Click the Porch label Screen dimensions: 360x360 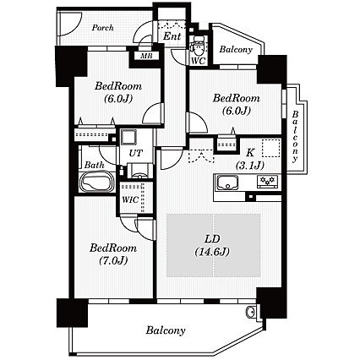tap(103, 28)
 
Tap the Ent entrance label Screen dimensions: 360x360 tap(172, 36)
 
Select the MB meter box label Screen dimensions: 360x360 tap(146, 56)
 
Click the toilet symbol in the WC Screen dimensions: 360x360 tap(198, 46)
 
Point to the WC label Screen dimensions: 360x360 tap(199, 61)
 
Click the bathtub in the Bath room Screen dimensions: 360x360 tap(97, 181)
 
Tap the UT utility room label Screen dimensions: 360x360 tap(135, 153)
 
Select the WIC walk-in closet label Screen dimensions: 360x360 tap(130, 199)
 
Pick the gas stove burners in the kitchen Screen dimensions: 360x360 tap(267, 180)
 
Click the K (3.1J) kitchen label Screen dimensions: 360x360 tap(250, 160)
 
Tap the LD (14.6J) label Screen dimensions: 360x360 tap(212, 245)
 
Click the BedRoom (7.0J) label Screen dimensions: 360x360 tap(113, 254)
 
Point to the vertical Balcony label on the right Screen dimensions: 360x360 tap(295, 137)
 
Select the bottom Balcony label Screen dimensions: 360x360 tap(166, 330)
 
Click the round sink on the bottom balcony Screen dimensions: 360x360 tap(250, 312)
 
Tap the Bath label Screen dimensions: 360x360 tap(95, 165)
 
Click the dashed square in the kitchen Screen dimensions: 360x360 tap(271, 149)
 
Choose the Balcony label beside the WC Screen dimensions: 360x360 tap(236, 50)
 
